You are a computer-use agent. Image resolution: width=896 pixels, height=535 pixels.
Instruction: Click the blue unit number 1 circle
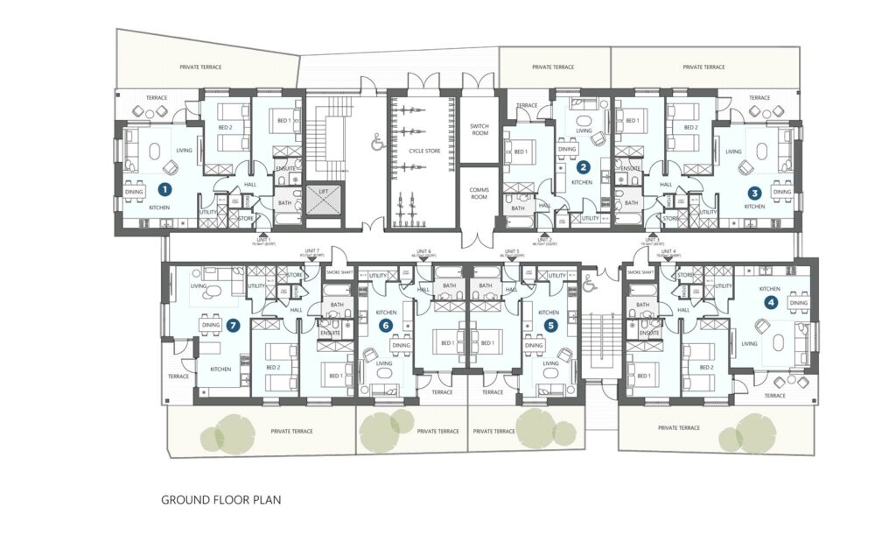coord(162,187)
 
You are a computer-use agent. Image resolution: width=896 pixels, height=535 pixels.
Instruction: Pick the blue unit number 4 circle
coord(770,303)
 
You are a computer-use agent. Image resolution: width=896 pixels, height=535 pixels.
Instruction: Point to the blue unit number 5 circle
coord(549,325)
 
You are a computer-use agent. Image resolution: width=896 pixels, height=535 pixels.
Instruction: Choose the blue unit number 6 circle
coord(385,325)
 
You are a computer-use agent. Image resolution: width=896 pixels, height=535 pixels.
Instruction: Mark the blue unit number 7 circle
coord(233,325)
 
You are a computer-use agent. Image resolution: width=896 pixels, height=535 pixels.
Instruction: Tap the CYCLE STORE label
coord(424,151)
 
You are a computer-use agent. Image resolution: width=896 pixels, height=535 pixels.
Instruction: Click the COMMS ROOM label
coord(479,194)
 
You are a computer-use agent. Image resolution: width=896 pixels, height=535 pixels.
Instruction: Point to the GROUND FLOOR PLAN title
coord(220,501)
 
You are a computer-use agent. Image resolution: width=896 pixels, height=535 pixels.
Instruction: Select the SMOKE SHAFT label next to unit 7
coord(338,273)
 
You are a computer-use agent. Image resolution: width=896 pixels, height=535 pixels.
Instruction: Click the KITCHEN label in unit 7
coord(220,369)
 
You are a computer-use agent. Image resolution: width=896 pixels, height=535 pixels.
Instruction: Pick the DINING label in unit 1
coord(134,192)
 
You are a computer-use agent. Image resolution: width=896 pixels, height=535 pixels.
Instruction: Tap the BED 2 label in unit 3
coord(691,127)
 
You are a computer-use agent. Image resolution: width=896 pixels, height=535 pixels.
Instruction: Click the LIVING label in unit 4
coord(749,344)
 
